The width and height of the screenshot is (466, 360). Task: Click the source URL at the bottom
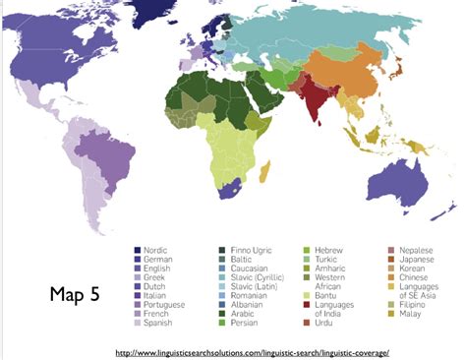point(253,351)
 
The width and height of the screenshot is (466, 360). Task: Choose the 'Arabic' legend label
point(244,313)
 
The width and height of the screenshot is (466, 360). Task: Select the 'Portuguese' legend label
point(165,304)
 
